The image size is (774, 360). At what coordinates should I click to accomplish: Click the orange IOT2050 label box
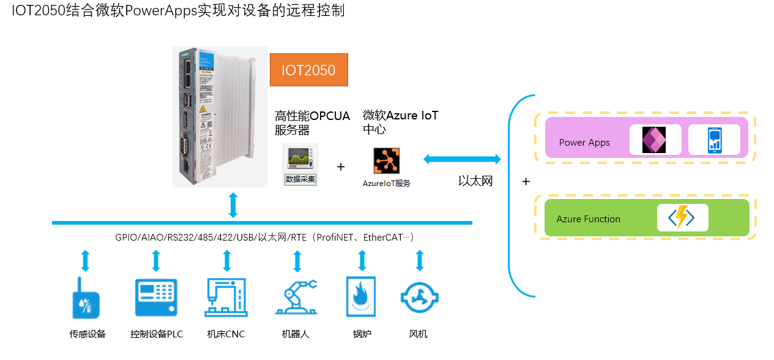(309, 70)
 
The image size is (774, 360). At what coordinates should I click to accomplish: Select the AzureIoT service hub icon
(387, 161)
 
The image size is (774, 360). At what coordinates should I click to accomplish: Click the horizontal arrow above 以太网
(462, 160)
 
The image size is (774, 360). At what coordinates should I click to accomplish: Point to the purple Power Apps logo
(654, 140)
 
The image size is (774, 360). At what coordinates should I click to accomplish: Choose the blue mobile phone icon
(714, 140)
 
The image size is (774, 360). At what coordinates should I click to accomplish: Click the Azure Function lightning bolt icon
(682, 218)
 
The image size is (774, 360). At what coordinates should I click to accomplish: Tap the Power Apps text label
(584, 143)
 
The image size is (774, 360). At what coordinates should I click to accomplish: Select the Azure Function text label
(588, 219)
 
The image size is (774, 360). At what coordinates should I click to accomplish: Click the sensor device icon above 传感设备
(86, 298)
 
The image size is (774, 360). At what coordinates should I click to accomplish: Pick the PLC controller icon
(156, 298)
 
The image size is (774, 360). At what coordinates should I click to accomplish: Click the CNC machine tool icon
(226, 297)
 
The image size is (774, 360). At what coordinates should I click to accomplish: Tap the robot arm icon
(296, 297)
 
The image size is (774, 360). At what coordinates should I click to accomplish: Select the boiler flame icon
(361, 297)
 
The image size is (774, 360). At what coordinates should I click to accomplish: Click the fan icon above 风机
(419, 298)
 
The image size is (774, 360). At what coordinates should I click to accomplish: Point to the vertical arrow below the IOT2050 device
(233, 205)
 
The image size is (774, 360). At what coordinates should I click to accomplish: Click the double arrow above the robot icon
(297, 261)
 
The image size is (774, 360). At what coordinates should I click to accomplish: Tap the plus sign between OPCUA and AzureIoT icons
(341, 167)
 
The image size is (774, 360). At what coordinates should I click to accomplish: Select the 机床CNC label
(226, 334)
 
